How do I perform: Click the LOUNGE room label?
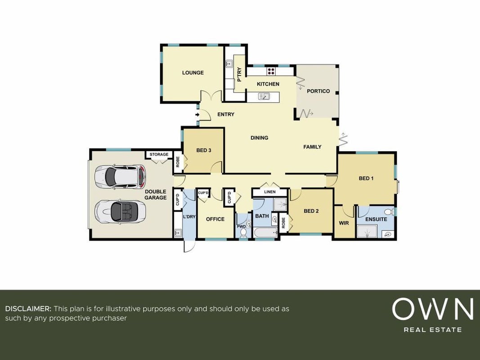193,72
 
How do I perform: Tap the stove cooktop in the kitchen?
271,72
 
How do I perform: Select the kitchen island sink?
263,97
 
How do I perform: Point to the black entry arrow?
197,115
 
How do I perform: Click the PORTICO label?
319,91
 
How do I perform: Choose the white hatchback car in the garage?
120,177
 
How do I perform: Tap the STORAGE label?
159,155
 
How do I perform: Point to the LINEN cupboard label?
270,192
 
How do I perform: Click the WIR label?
344,223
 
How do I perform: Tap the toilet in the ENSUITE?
389,212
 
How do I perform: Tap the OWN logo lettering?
433,309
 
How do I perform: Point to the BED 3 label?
204,150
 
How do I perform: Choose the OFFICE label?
215,219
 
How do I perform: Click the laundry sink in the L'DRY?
178,234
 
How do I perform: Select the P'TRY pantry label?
239,75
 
